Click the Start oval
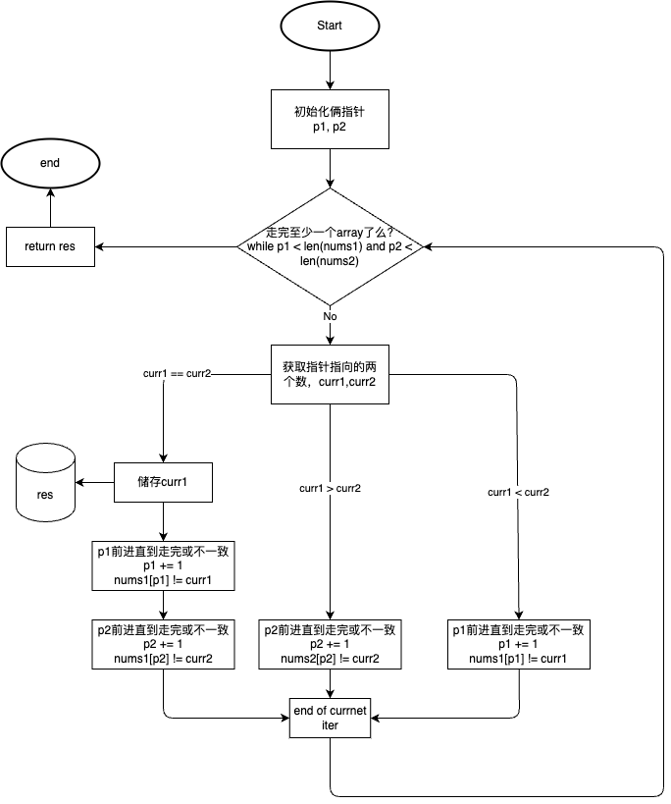[x=330, y=26]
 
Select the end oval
[x=50, y=163]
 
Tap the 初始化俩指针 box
[x=330, y=120]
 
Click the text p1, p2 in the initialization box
[x=330, y=128]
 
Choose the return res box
[x=50, y=246]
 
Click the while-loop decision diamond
[x=330, y=246]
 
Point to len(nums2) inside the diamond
[x=330, y=261]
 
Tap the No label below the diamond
[x=330, y=317]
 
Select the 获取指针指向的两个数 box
[x=330, y=374]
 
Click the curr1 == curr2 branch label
[x=178, y=374]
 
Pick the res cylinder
[x=45, y=482]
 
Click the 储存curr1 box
[x=163, y=482]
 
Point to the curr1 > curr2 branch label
[x=330, y=488]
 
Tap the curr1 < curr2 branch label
[x=518, y=492]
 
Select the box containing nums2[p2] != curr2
[x=330, y=644]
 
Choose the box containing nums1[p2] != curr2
[x=164, y=644]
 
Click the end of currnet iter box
[x=330, y=718]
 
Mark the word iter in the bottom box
[x=330, y=725]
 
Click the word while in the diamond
[x=262, y=247]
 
